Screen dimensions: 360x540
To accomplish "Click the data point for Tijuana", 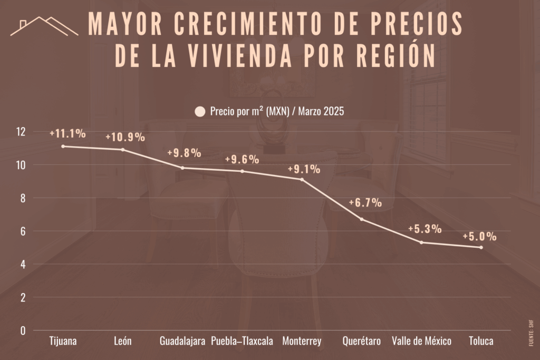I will (x=63, y=146).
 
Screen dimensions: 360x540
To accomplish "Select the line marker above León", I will (x=123, y=150).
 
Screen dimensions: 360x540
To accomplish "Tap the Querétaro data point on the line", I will (x=361, y=219).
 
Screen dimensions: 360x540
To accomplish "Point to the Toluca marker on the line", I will (x=481, y=247).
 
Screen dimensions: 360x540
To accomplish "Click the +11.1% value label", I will (x=67, y=133).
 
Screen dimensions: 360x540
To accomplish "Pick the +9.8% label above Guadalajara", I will (x=184, y=153).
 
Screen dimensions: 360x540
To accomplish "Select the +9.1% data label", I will (x=304, y=169).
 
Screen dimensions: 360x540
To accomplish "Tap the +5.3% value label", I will (x=425, y=229).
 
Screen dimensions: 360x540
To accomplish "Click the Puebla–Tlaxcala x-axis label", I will (x=242, y=341).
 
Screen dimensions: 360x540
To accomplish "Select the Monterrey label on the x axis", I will (x=302, y=341).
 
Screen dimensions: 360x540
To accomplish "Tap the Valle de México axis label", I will (x=421, y=341).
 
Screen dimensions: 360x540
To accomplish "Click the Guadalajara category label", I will (x=182, y=341).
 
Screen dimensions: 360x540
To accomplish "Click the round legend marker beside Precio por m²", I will (x=200, y=112).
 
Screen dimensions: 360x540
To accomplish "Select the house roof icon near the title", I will (x=44, y=26).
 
